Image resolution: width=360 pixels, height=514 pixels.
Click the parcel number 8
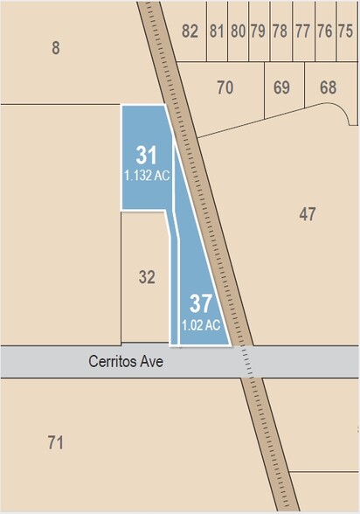(x=56, y=48)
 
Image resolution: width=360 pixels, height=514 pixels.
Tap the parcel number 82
(x=190, y=31)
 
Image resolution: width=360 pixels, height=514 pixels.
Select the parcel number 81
(x=217, y=31)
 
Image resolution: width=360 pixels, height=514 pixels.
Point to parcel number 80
(x=238, y=31)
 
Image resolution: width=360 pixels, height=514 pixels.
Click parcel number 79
(x=258, y=31)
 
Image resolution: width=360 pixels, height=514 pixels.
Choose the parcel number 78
(x=280, y=31)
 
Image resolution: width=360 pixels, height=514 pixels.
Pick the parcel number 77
(x=302, y=31)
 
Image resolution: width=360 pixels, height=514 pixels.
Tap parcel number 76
(x=324, y=31)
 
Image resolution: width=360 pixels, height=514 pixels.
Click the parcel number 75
(x=345, y=31)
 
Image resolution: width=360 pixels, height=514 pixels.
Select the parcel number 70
(x=225, y=87)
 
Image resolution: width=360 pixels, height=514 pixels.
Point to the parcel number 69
(x=281, y=87)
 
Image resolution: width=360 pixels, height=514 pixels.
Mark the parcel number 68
(x=328, y=87)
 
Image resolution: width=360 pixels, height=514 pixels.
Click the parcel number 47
(x=307, y=214)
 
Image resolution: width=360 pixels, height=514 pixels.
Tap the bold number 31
(x=146, y=156)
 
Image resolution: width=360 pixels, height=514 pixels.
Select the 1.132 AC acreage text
(x=146, y=175)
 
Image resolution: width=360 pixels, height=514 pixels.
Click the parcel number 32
(x=147, y=277)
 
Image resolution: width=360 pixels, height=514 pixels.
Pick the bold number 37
(x=201, y=304)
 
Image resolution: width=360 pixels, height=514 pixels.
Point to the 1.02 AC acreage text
(x=200, y=324)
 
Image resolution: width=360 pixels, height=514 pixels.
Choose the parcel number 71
(x=56, y=443)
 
